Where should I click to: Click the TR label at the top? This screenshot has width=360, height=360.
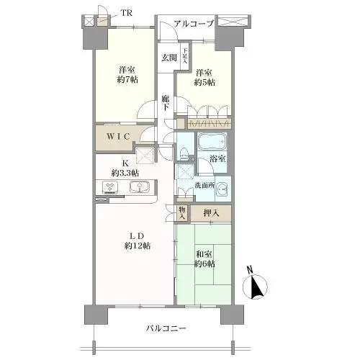(127, 13)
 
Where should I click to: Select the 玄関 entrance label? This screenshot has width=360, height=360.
(168, 58)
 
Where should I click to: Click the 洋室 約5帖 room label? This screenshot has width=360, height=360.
(204, 77)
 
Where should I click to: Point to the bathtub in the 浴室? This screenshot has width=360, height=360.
(212, 141)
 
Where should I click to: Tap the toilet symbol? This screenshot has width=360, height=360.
(185, 154)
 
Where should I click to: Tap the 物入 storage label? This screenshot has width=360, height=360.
(182, 213)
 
